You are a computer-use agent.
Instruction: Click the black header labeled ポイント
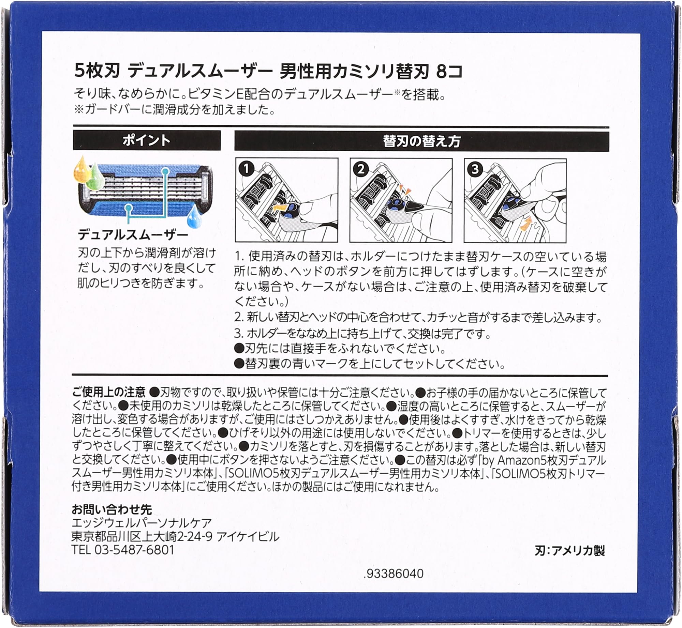(x=147, y=140)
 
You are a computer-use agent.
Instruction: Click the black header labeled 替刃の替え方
(x=421, y=141)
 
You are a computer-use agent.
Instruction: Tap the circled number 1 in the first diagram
(x=247, y=169)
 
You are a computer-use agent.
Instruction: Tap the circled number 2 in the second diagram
(x=361, y=169)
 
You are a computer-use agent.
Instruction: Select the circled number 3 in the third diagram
(x=475, y=169)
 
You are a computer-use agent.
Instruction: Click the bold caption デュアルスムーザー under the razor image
(x=133, y=235)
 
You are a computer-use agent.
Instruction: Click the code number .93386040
(x=394, y=573)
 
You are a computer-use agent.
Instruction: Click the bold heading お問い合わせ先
(x=112, y=509)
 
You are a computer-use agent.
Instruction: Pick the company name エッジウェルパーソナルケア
(x=142, y=523)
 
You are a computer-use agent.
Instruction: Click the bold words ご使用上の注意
(x=109, y=392)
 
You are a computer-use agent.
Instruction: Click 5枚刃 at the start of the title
(x=97, y=72)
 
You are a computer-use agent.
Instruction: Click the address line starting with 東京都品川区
(x=175, y=537)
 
